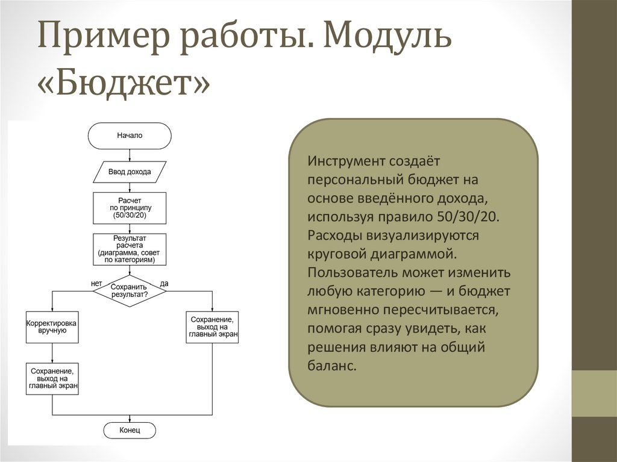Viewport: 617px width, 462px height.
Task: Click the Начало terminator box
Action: pyautogui.click(x=130, y=136)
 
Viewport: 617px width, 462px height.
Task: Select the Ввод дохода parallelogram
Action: pyautogui.click(x=130, y=172)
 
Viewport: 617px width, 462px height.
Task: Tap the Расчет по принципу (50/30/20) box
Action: pyautogui.click(x=130, y=208)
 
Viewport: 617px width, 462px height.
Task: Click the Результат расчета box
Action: pyautogui.click(x=130, y=249)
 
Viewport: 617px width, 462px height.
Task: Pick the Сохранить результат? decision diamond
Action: pyautogui.click(x=130, y=291)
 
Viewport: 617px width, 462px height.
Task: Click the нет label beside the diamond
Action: pyautogui.click(x=96, y=283)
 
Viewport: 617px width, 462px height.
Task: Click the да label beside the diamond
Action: pyautogui.click(x=164, y=283)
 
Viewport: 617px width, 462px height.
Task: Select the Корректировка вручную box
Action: pyautogui.click(x=52, y=327)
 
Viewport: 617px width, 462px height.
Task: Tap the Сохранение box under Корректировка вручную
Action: pyautogui.click(x=52, y=379)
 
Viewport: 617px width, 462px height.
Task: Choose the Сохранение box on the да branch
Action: pyautogui.click(x=213, y=327)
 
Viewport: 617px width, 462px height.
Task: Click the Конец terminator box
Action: pyautogui.click(x=130, y=430)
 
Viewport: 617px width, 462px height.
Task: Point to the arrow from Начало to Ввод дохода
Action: pyautogui.click(x=130, y=155)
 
